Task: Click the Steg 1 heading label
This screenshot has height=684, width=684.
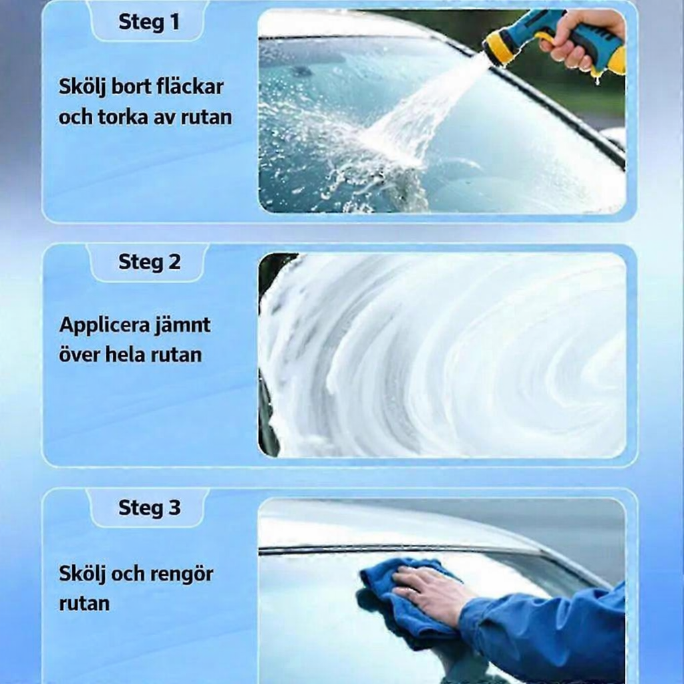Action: point(149,21)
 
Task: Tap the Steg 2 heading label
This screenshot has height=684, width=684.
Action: point(149,262)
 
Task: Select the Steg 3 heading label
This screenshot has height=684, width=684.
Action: point(149,508)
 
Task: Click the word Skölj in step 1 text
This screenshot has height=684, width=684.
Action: point(81,88)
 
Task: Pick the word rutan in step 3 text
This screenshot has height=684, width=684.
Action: point(83,604)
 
